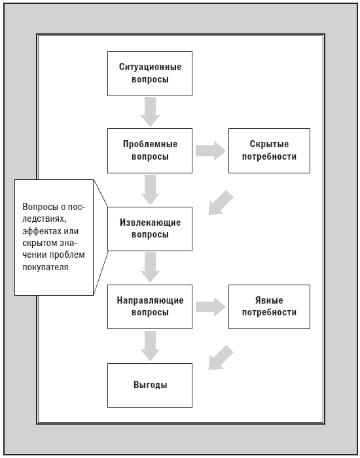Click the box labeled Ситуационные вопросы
coord(150,73)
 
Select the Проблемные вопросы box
coord(150,150)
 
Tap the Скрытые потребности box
coord(269,150)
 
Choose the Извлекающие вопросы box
coord(150,229)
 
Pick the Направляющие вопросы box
coord(150,307)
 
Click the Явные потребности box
coord(269,307)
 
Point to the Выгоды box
coord(150,385)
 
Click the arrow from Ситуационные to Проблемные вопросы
coord(150,112)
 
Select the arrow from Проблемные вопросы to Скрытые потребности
coord(210,150)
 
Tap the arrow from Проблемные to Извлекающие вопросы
coord(150,190)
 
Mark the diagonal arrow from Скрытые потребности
coord(221,203)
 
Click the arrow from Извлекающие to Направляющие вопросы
coord(150,267)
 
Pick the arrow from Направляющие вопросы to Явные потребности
coord(210,307)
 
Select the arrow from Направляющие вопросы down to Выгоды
coord(150,346)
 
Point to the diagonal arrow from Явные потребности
coord(221,358)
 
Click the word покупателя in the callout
coord(45,267)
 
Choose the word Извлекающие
coord(150,222)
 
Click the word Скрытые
coord(269,145)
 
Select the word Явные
coord(269,300)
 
